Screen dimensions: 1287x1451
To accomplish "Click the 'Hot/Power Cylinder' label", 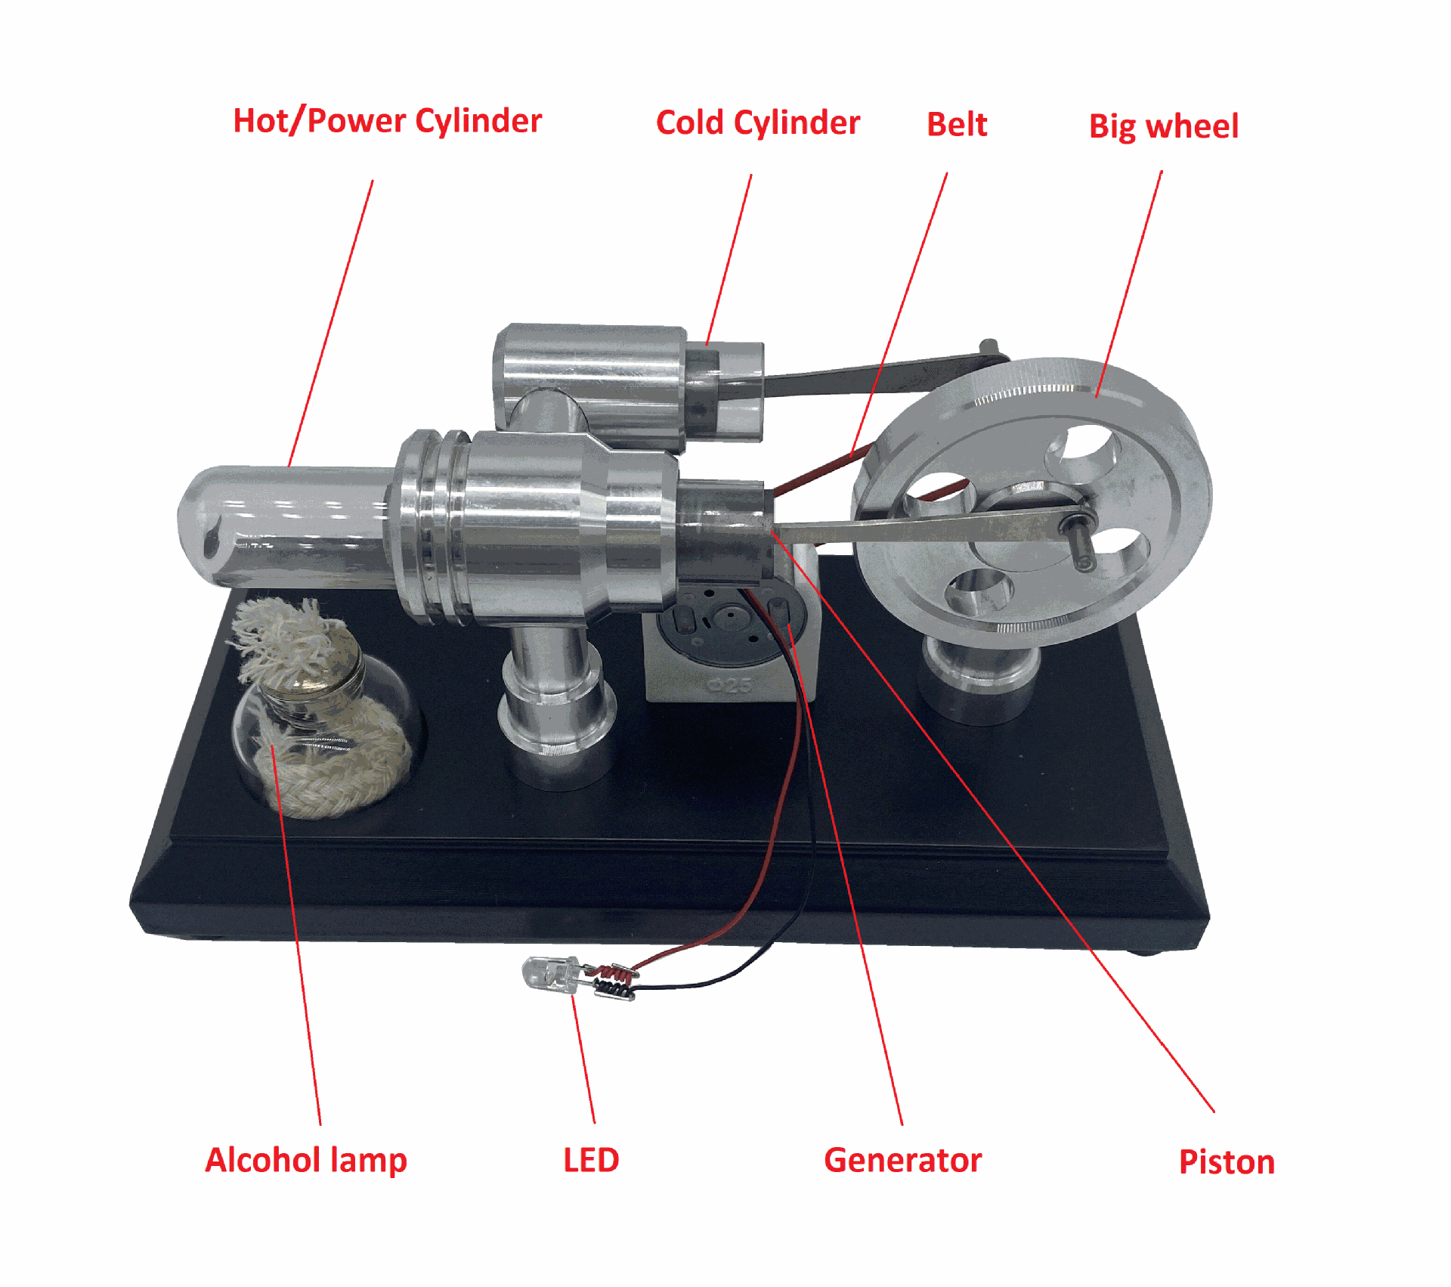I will coord(387,121).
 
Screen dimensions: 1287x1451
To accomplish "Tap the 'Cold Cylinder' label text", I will coord(757,122).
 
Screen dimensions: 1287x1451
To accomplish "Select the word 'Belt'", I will coord(957,125).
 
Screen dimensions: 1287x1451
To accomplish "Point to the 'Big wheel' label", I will coord(1163,126).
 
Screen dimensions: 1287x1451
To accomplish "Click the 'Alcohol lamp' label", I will coord(306,1160).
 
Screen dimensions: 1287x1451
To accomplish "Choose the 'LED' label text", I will coord(591,1160).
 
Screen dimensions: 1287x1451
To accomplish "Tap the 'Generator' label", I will coord(902,1160).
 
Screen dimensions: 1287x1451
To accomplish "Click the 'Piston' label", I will coord(1227,1162).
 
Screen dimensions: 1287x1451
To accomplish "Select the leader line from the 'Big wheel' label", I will coord(1130,284).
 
